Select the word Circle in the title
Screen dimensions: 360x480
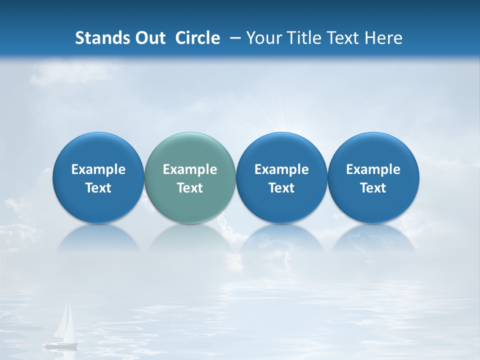click(x=197, y=38)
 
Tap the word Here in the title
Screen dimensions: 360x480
click(x=383, y=38)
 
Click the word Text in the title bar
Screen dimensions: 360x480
click(x=344, y=38)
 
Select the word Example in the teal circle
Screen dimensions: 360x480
click(x=190, y=170)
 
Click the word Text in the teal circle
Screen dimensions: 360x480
click(x=190, y=188)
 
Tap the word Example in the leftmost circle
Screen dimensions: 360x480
click(x=98, y=170)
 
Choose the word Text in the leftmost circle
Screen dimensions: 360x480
click(x=98, y=188)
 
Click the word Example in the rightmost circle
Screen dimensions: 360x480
click(x=373, y=170)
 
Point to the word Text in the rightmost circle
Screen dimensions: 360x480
click(x=373, y=188)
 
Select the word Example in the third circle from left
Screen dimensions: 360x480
click(x=281, y=170)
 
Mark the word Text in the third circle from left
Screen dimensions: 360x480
click(x=281, y=188)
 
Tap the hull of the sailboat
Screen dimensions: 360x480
click(x=60, y=344)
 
